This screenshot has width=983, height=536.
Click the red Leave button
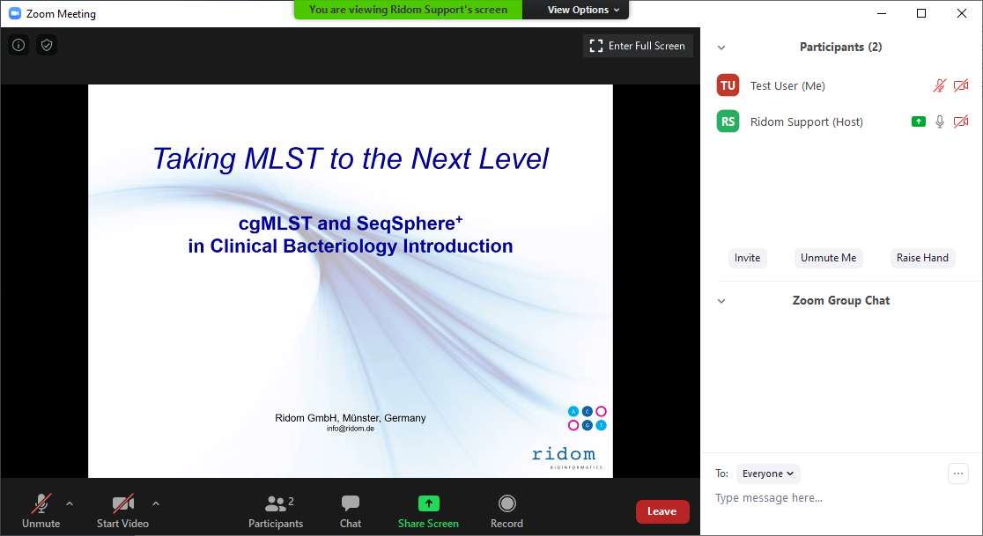662,511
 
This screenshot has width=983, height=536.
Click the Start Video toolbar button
123,511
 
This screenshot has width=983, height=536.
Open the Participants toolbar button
276,511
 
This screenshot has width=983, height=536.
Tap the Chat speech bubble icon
351,503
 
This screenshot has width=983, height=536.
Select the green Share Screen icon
429,503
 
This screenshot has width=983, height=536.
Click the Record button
506,511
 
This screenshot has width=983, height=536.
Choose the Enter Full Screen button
638,46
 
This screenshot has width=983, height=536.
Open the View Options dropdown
584,10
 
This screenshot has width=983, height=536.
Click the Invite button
747,258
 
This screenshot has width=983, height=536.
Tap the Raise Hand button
922,258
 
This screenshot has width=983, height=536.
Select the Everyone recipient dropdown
768,474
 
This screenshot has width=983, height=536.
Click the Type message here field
769,498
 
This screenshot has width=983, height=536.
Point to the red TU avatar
728,85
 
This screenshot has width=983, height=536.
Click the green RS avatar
728,121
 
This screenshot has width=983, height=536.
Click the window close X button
962,13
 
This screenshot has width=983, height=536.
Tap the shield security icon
47,45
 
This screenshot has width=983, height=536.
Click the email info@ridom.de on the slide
351,429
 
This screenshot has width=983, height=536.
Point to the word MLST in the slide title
284,158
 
